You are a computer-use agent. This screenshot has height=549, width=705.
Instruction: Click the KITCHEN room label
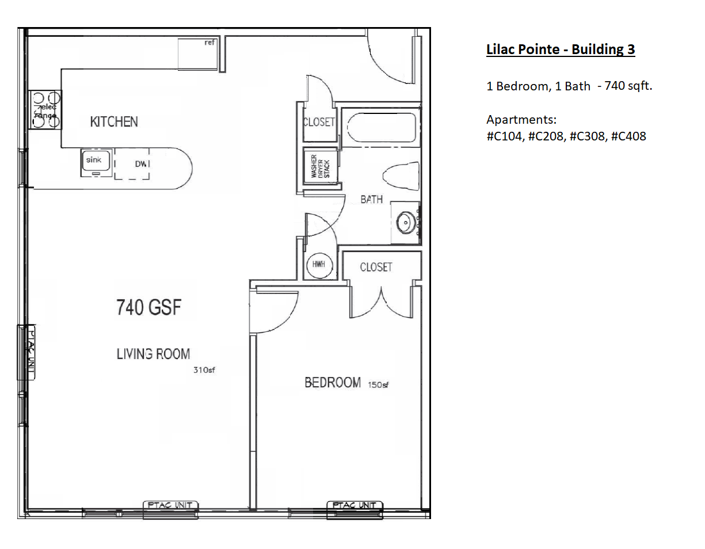coord(114,121)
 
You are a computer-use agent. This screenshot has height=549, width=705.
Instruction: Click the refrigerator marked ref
coord(197,53)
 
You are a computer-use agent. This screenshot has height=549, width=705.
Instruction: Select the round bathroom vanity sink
coord(407,222)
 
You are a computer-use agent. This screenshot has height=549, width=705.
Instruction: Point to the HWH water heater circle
coord(318,264)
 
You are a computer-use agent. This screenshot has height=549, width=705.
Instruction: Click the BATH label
coord(371,200)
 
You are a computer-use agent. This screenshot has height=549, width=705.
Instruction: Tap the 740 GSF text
coord(148,307)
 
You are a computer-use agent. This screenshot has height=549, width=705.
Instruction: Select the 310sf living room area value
coord(204,370)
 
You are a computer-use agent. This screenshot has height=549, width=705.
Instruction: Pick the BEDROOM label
coord(333,383)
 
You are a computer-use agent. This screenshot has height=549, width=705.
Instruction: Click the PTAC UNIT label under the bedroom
coord(355,505)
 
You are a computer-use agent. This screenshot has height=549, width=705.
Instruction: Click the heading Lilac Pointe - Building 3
coord(560,49)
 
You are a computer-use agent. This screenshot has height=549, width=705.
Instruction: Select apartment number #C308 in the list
coord(587,136)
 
